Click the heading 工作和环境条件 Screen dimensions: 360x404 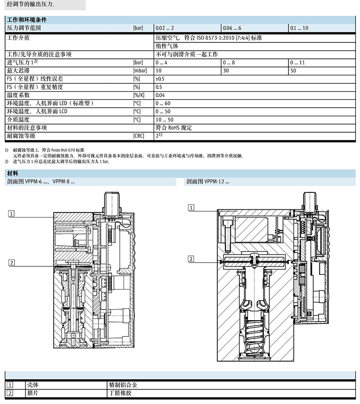(27, 20)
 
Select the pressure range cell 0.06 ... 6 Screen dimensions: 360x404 (232, 28)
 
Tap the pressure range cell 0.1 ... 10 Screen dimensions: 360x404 (299, 28)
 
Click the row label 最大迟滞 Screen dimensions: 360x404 (18, 71)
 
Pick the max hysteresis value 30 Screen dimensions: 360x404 (226, 71)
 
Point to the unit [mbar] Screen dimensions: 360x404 (140, 71)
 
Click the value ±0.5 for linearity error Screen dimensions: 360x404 (160, 79)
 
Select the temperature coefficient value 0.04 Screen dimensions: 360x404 (160, 95)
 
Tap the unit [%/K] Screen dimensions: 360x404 (139, 95)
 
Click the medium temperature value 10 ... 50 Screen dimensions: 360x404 (165, 120)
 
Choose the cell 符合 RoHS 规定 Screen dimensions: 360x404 (174, 128)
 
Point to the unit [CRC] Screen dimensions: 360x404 (139, 136)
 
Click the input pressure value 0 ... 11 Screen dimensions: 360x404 (298, 62)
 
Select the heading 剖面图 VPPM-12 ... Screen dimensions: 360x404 (208, 181)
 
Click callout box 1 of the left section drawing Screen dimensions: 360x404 (11, 213)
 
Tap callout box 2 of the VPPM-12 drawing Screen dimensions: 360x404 (191, 259)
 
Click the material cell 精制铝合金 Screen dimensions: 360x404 (123, 385)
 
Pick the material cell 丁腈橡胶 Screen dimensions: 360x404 (120, 393)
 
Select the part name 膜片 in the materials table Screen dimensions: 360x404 (33, 393)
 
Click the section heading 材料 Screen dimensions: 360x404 (13, 173)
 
